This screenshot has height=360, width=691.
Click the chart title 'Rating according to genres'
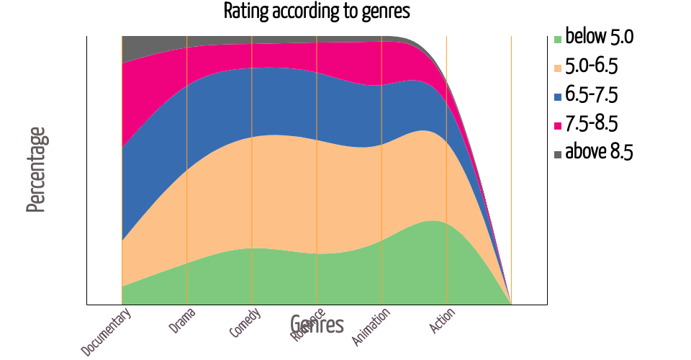(x=317, y=12)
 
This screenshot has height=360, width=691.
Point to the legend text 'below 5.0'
(x=599, y=37)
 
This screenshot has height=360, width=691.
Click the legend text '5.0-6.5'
(x=592, y=66)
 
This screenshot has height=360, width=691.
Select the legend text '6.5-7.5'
(x=592, y=95)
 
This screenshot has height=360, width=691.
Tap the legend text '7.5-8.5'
(x=592, y=124)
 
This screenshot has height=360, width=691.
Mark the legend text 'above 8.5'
(x=599, y=153)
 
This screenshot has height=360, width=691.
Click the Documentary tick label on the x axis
(x=107, y=332)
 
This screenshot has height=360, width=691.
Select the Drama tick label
(x=183, y=321)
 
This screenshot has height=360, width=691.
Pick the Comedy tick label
(x=245, y=323)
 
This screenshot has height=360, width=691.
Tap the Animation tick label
(x=371, y=326)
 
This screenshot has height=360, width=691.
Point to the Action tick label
(x=442, y=320)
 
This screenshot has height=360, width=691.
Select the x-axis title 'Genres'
(x=317, y=325)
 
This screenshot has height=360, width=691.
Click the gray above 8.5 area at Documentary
(x=130, y=49)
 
